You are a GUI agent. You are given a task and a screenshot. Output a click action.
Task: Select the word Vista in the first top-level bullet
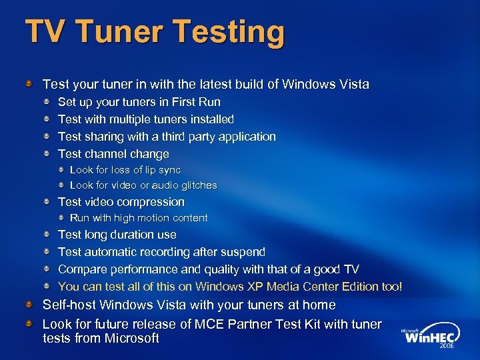pos(354,85)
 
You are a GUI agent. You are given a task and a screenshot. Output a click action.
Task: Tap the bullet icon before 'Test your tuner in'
pos(29,85)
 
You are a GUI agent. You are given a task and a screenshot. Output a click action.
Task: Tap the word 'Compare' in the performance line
pos(81,269)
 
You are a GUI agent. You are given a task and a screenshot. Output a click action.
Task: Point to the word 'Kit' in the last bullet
pos(325,325)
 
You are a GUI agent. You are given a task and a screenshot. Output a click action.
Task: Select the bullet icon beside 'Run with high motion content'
pos(61,217)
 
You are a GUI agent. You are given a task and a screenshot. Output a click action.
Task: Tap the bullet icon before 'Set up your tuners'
pos(47,102)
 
